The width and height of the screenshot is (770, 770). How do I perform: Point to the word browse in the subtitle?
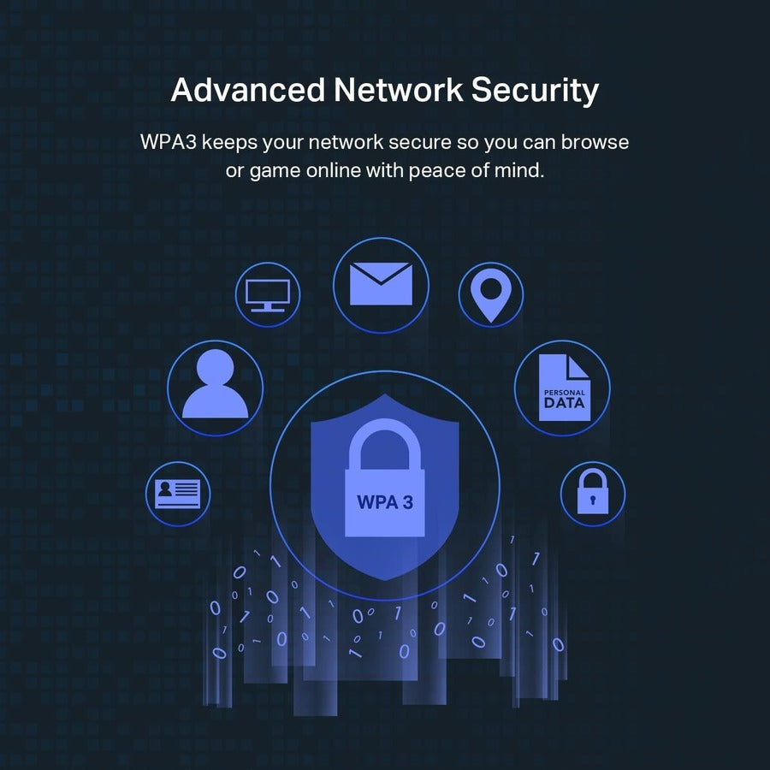[x=597, y=142]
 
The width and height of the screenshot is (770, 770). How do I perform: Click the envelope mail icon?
[x=381, y=283]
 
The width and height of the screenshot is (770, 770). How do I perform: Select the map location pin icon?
[x=490, y=293]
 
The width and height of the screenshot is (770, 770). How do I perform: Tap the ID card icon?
[x=178, y=492]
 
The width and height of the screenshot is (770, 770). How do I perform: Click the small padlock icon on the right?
[x=592, y=494]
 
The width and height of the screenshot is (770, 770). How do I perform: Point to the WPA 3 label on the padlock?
[x=384, y=501]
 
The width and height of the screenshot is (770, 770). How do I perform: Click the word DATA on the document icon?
[x=564, y=402]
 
